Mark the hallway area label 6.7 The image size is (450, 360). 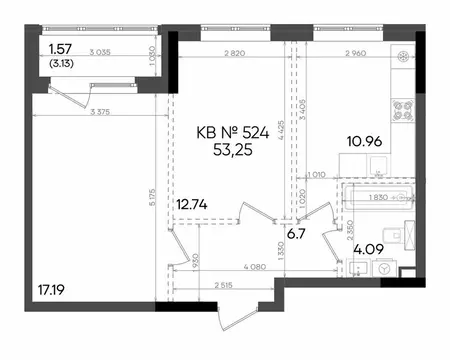coord(297,237)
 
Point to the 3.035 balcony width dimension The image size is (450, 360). coord(99,55)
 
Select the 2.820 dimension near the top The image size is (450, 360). coord(235,54)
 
